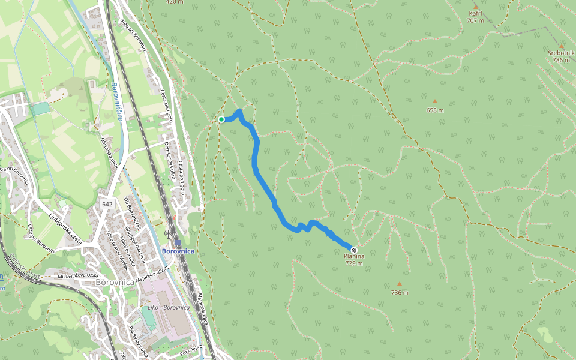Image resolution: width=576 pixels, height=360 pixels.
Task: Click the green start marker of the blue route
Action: pos(221,119)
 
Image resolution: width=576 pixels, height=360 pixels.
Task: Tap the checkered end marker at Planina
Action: pos(354,250)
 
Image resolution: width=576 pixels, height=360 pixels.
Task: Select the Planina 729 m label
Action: pos(354,259)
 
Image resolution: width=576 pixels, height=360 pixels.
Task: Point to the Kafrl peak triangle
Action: pos(476,7)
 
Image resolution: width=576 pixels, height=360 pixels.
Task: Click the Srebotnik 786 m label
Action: pos(561,56)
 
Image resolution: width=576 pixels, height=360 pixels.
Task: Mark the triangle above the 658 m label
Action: pos(435,101)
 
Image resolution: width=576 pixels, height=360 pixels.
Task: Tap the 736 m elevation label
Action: pos(399,293)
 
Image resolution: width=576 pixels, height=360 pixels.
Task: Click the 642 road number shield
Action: pos(107,204)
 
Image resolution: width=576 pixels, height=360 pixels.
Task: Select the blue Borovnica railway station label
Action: pos(178,251)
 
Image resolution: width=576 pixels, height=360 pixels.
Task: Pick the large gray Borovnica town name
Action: pos(118,281)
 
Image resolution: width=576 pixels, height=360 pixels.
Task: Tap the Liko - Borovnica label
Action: pos(169,307)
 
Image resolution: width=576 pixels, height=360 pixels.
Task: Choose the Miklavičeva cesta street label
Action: pos(78,275)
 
